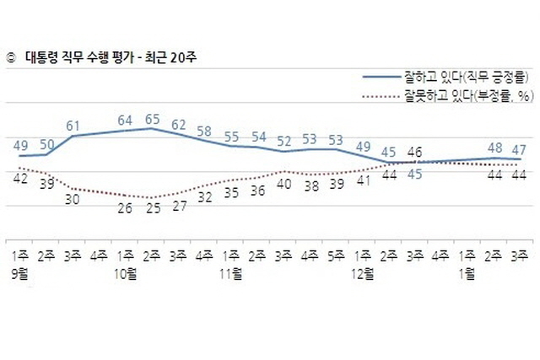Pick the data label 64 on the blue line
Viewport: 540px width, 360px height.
click(125, 121)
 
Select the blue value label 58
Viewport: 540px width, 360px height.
click(204, 132)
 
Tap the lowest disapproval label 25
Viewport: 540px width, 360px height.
click(152, 209)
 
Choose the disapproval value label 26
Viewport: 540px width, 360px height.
click(125, 207)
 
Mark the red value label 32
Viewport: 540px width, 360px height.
click(205, 198)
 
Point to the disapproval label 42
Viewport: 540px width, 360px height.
click(20, 178)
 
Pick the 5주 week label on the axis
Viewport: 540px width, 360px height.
click(337, 254)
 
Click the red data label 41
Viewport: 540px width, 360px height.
click(364, 180)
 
